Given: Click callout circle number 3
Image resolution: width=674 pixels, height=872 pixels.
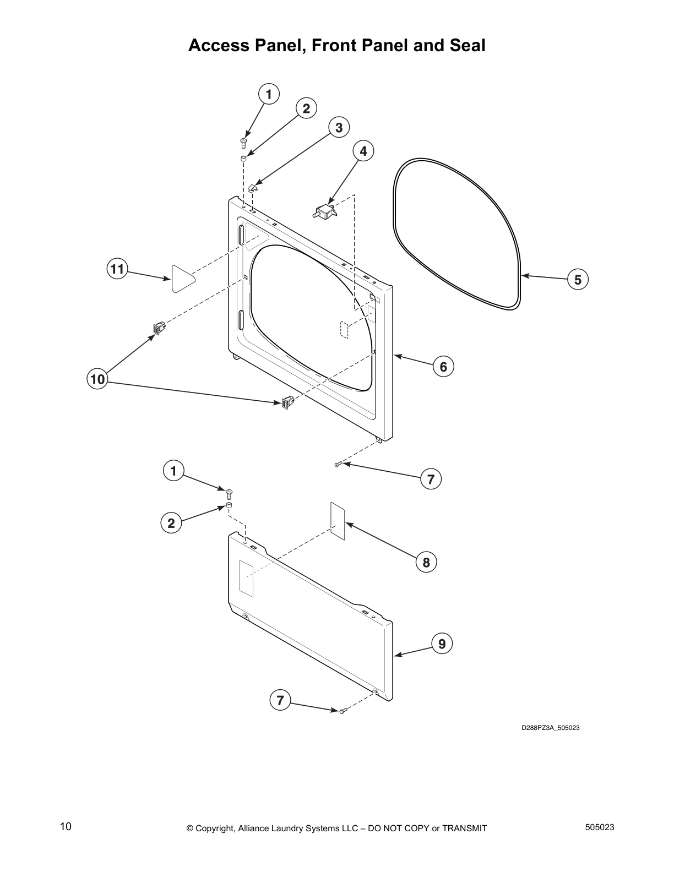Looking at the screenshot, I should tap(339, 128).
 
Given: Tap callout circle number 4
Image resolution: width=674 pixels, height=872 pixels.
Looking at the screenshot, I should tap(363, 150).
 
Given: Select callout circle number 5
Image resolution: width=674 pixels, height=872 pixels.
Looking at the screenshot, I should tap(578, 280).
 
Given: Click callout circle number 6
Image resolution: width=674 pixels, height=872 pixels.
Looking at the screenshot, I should tap(443, 366).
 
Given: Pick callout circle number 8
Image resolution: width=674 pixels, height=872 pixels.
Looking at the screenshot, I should tap(426, 562).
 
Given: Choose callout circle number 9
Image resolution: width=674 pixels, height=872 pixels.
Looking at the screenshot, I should tap(442, 643).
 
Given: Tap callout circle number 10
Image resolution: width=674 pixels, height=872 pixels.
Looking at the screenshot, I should tap(97, 379).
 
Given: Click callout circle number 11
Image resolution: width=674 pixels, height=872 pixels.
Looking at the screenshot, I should tap(117, 269).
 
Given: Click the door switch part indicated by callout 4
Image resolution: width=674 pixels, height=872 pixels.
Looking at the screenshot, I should tap(324, 211).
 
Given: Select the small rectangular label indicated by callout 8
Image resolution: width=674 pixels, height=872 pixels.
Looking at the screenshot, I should tap(338, 520).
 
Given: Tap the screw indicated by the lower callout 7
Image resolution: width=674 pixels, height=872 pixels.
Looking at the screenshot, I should tap(342, 712).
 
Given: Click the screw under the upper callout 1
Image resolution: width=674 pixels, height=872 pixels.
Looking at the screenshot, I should tap(243, 143).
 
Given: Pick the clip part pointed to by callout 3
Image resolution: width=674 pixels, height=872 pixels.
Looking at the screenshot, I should tap(253, 188).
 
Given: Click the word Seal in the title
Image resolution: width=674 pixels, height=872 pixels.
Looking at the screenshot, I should tap(468, 45).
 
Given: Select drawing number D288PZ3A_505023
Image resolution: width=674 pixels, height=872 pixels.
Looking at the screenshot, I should tap(550, 728).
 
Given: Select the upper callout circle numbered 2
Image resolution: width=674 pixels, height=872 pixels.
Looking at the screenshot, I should tap(306, 108).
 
